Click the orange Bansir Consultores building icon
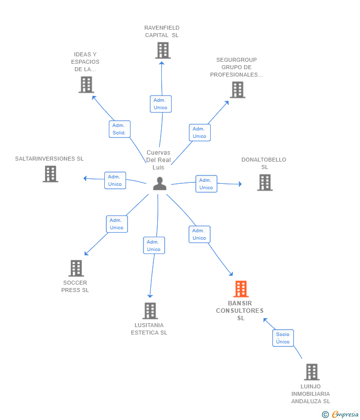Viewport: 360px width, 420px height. pyautogui.click(x=241, y=289)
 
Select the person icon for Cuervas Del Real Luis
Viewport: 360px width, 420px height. pyautogui.click(x=160, y=183)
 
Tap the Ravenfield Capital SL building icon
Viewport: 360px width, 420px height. pyautogui.click(x=163, y=50)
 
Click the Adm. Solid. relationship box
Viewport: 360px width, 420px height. pyautogui.click(x=120, y=129)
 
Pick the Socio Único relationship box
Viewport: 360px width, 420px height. pyautogui.click(x=283, y=338)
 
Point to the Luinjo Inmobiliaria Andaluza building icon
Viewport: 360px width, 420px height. pyautogui.click(x=312, y=372)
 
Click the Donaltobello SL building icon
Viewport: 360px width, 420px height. pyautogui.click(x=265, y=182)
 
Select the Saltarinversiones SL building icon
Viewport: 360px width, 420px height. pyautogui.click(x=50, y=174)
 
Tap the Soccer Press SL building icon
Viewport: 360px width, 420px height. pyautogui.click(x=76, y=268)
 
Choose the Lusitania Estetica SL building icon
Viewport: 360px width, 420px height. pyautogui.click(x=150, y=311)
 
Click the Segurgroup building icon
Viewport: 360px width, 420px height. pyautogui.click(x=237, y=90)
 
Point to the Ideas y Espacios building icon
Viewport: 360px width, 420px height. pyautogui.click(x=87, y=84)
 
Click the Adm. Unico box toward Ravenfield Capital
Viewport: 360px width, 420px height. pyautogui.click(x=161, y=104)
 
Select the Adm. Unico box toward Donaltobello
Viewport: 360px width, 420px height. pyautogui.click(x=206, y=184)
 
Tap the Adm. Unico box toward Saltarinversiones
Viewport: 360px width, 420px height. pyautogui.click(x=115, y=180)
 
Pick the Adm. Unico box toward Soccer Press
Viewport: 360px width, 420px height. pyautogui.click(x=117, y=224)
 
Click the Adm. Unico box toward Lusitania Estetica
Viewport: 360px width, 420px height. pyautogui.click(x=154, y=246)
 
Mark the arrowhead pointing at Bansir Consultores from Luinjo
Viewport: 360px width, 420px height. pyautogui.click(x=266, y=320)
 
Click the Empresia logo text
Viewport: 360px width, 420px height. pyautogui.click(x=345, y=414)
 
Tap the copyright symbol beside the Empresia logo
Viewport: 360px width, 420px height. pyautogui.click(x=325, y=415)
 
